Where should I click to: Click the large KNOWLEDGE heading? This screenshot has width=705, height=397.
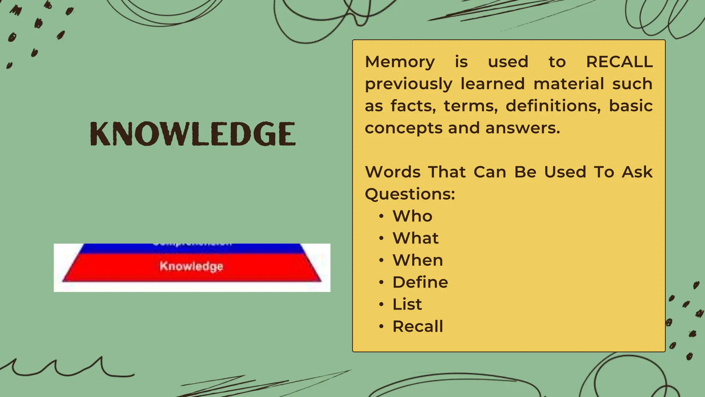pos(193,134)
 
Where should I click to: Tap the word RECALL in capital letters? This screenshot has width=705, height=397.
pos(619,62)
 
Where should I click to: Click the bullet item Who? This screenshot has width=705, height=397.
pos(412,216)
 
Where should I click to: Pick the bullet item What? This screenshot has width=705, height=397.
pos(415,238)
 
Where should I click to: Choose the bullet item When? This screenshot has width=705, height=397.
pos(418,260)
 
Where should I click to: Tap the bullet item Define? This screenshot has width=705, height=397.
pos(420,282)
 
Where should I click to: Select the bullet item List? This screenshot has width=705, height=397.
pos(407,304)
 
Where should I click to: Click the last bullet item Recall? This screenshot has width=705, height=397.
pos(418,326)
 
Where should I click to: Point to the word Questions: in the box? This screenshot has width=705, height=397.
pos(410,194)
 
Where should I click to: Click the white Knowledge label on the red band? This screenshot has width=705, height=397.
pos(191,266)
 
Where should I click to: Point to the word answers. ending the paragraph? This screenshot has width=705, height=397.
pos(523,128)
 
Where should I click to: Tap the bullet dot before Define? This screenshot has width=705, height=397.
pos(381,283)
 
